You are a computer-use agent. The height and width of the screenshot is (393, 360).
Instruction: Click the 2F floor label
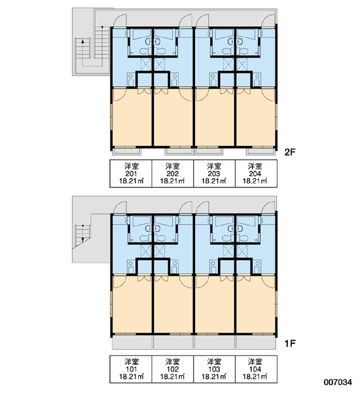tap(290, 152)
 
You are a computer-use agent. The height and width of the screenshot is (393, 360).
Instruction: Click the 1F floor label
tap(289, 343)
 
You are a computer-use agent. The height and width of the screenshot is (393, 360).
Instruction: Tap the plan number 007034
tap(338, 383)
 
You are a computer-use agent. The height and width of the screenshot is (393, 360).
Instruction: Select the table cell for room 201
tap(131, 174)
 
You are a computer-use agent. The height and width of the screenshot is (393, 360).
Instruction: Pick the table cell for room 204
tap(256, 174)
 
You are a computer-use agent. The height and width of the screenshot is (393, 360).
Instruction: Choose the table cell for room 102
tap(173, 369)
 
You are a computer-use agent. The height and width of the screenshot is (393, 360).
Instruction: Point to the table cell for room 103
tap(215, 369)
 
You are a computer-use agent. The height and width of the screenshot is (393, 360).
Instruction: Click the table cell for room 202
tap(173, 174)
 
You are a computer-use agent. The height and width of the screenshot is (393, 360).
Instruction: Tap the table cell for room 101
tap(131, 369)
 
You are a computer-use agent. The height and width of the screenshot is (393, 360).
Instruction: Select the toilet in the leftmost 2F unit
tap(145, 51)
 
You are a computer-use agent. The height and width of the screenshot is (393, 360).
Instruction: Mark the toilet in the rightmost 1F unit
tap(243, 238)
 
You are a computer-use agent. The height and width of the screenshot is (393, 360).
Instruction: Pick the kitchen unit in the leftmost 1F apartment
tap(131, 267)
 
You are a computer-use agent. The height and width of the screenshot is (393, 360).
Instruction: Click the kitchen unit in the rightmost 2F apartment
tap(257, 80)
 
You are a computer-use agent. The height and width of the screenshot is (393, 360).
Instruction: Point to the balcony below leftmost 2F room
tap(126, 152)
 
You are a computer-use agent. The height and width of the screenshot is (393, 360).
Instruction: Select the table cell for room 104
tap(256, 369)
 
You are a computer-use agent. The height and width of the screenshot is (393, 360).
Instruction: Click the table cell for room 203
tap(215, 174)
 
